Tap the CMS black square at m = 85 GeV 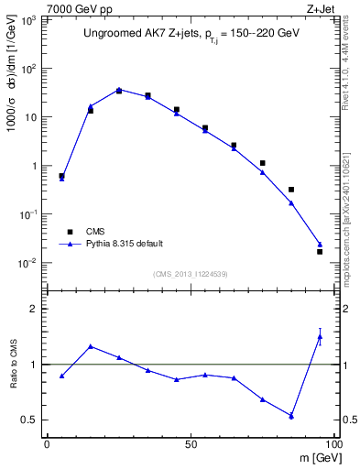pyautogui.click(x=291, y=190)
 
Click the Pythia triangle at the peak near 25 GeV pyautogui.click(x=119, y=90)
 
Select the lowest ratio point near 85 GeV pyautogui.click(x=291, y=416)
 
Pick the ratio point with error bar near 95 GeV pyautogui.click(x=320, y=336)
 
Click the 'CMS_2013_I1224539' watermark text pyautogui.click(x=190, y=274)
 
